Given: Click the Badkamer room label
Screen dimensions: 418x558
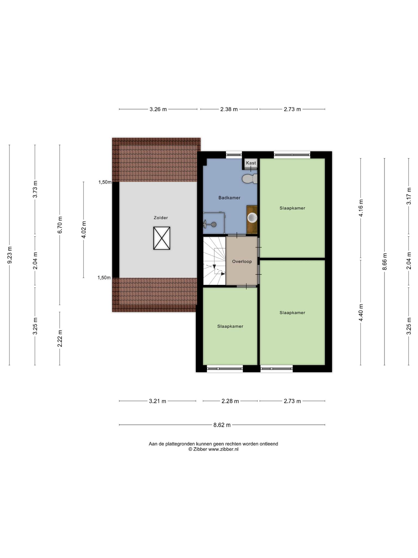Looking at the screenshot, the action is [229, 198].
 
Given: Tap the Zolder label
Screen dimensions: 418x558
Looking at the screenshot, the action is [161, 218].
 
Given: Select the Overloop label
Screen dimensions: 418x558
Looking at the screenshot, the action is [242, 262].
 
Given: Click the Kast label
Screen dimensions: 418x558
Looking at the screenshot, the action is [251, 163].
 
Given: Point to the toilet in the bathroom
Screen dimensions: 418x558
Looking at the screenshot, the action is [250, 179].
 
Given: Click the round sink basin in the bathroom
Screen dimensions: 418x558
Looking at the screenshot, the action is [252, 218].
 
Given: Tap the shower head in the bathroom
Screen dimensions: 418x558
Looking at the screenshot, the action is [214, 225].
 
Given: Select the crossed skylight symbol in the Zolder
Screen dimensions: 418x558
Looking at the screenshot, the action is [162, 238].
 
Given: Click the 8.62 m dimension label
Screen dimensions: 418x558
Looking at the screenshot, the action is [222, 425].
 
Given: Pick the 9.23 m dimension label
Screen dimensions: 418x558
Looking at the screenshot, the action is [10, 255].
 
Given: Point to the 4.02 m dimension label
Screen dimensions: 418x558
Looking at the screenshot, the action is [84, 230].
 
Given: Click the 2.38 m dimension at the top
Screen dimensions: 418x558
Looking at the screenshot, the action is [229, 109].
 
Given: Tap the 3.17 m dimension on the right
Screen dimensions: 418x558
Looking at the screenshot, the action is [408, 196].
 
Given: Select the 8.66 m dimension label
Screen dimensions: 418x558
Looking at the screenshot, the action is [385, 262].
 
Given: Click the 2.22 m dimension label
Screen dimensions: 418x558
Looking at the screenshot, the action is [60, 338].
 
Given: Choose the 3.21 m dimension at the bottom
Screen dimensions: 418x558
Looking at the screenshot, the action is [158, 401].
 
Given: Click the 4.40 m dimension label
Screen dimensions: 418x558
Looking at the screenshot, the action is [361, 313].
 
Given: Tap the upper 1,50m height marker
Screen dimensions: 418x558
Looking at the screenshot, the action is [105, 182].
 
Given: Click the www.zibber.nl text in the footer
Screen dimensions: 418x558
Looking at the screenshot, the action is [223, 449].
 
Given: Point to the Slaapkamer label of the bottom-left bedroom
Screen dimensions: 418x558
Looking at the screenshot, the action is [230, 326].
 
